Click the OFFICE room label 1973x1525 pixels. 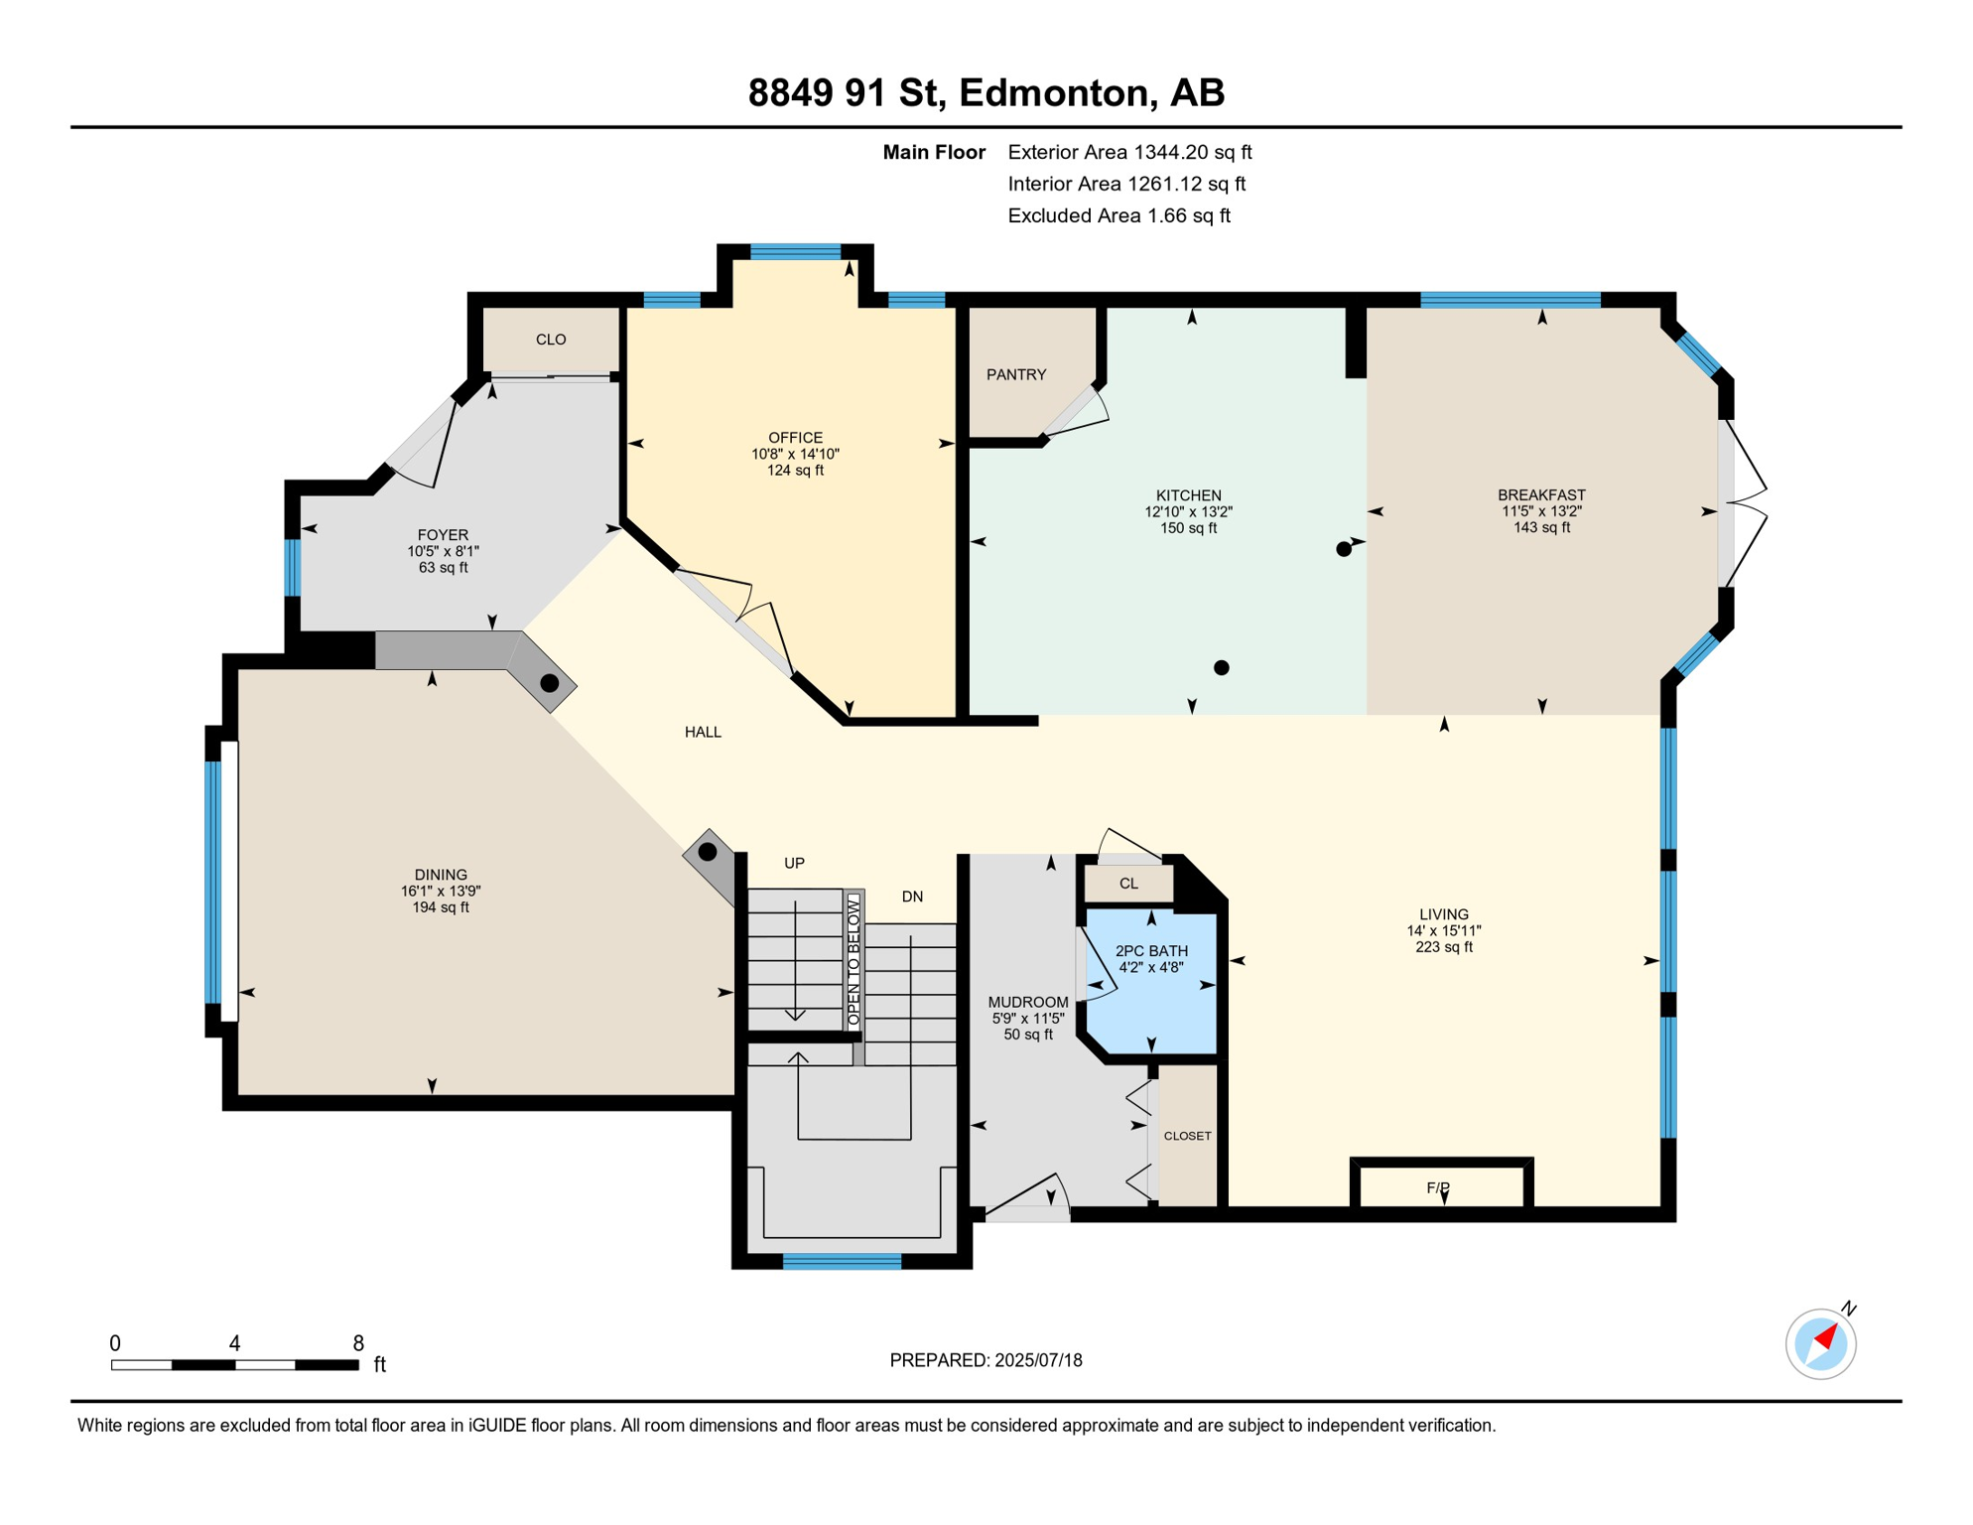click(x=795, y=438)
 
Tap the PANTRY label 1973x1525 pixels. click(x=1016, y=374)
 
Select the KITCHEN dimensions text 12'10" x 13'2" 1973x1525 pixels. click(x=1188, y=512)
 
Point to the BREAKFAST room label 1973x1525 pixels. click(x=1541, y=495)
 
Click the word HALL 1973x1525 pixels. click(x=703, y=733)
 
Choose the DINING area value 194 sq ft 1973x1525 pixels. click(x=441, y=907)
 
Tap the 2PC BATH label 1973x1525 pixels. click(x=1151, y=951)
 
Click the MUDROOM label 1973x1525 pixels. click(x=1028, y=1003)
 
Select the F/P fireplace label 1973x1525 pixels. click(x=1438, y=1188)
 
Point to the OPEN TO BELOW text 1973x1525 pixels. click(x=854, y=960)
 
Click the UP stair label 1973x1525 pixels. click(x=794, y=864)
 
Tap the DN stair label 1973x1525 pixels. click(x=912, y=898)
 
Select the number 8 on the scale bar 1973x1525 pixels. click(x=358, y=1343)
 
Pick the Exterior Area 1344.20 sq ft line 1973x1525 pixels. click(x=1129, y=153)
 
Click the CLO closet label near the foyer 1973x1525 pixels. click(x=551, y=340)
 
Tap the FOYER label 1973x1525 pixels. click(x=443, y=535)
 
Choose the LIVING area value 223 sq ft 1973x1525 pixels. click(x=1444, y=947)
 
